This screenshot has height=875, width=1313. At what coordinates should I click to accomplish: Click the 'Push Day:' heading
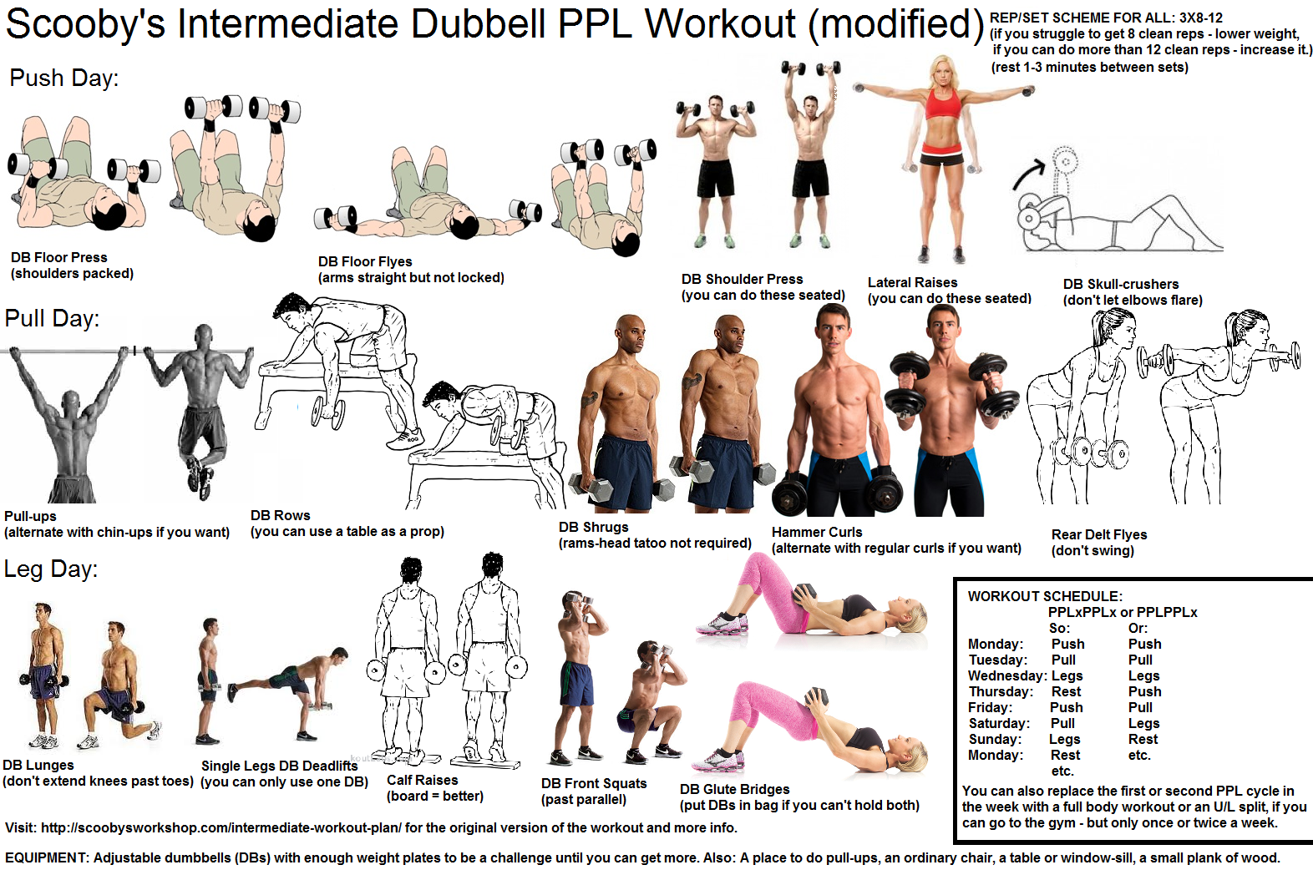[63, 78]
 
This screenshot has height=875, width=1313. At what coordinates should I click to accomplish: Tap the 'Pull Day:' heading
[52, 319]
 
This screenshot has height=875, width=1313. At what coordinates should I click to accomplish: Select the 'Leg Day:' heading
[50, 569]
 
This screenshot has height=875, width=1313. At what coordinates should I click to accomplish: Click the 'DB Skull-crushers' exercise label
[1121, 284]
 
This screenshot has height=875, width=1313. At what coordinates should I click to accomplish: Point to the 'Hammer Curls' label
[817, 532]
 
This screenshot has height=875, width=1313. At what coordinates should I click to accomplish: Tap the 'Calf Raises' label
[422, 780]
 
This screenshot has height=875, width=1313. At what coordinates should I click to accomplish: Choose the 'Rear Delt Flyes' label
[1099, 534]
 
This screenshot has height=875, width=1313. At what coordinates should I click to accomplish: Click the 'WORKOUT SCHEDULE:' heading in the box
[1045, 597]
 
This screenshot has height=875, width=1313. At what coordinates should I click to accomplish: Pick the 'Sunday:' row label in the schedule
[995, 739]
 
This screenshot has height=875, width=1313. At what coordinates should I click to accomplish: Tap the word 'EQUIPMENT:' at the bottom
[47, 858]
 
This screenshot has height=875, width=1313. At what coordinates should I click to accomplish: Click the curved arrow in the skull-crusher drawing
[1027, 174]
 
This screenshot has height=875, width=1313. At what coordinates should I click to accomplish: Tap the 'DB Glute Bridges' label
[734, 790]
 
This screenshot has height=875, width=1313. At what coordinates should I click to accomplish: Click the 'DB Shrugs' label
[593, 528]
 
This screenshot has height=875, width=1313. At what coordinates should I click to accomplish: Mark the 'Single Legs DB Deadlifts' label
[279, 766]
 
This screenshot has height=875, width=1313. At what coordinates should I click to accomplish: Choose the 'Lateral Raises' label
[912, 282]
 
